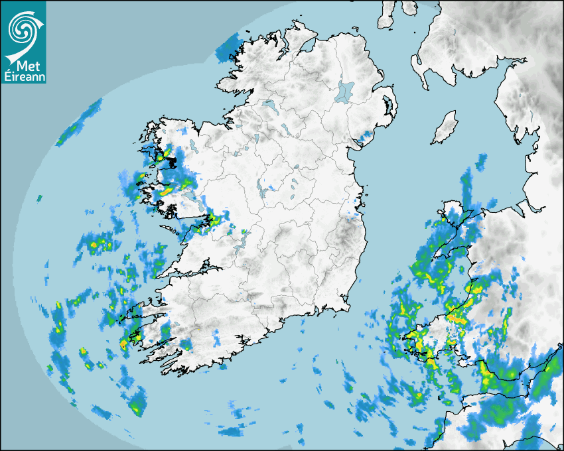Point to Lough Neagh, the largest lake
click(345, 91)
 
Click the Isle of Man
click(445, 127)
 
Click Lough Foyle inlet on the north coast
click(307, 46)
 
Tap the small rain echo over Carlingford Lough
click(364, 138)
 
